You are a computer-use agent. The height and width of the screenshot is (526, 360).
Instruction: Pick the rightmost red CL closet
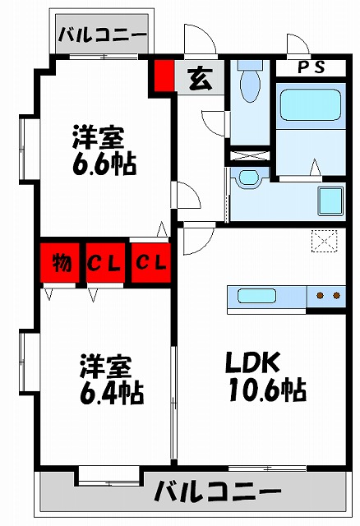pos(150,263)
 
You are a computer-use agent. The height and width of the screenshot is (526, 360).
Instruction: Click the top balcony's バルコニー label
pos(103,35)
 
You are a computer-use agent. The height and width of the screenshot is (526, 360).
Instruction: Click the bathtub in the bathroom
pos(309,106)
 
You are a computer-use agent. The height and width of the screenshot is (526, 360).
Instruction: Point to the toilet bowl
pos(249,83)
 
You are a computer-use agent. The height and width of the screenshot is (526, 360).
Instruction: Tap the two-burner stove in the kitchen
pos(328,295)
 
